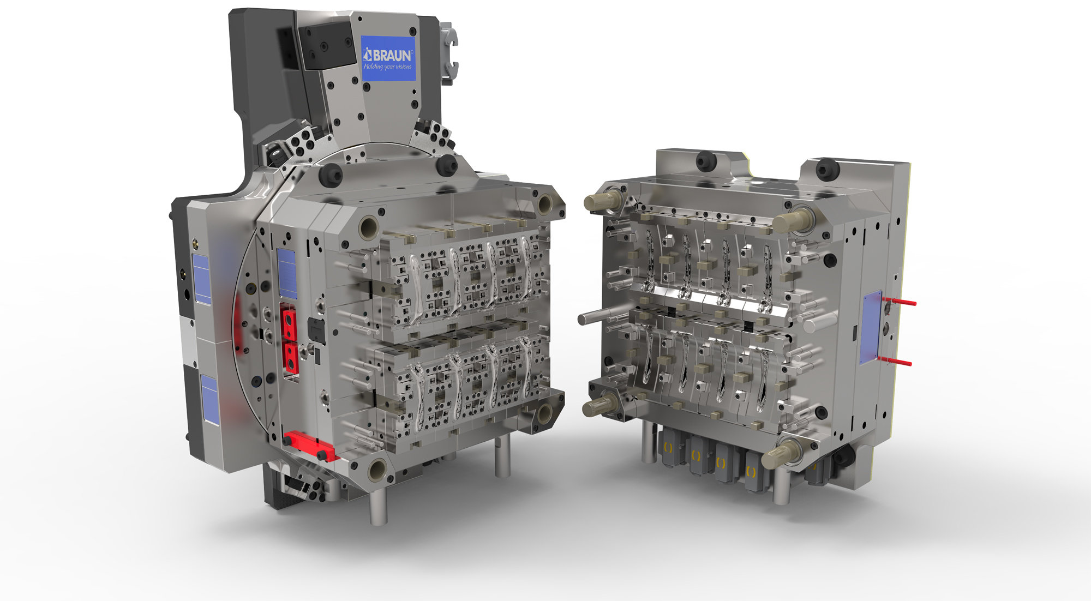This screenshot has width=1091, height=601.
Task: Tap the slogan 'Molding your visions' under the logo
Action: coord(388,67)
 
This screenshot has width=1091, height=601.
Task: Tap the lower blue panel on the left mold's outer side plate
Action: coord(209,398)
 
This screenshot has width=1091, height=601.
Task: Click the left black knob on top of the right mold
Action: coord(706,160)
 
